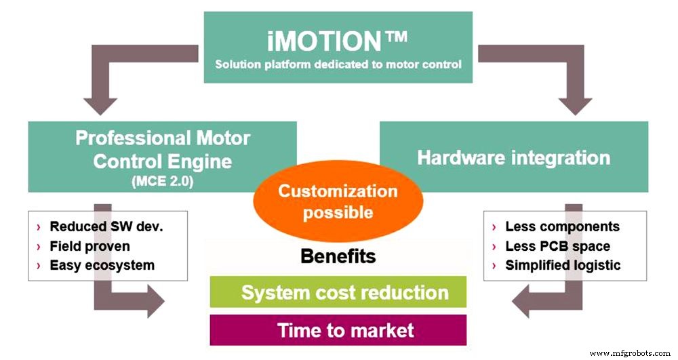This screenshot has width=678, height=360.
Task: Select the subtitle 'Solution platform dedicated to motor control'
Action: (338, 65)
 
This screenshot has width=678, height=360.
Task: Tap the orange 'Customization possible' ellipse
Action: (338, 201)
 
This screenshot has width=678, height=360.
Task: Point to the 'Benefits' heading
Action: (338, 257)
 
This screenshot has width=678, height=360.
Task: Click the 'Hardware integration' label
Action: (513, 158)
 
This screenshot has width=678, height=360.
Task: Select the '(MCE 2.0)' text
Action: (162, 180)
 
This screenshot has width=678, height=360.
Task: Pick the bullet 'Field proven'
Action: (89, 245)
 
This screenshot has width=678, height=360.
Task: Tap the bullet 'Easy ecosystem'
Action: (102, 265)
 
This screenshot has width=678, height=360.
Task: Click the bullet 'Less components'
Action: (562, 226)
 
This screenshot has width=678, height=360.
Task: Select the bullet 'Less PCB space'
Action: (557, 245)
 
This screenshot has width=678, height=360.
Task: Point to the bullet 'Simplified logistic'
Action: (563, 265)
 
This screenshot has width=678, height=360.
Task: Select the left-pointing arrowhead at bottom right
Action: (525, 300)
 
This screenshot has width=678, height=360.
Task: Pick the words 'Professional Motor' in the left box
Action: (163, 138)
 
